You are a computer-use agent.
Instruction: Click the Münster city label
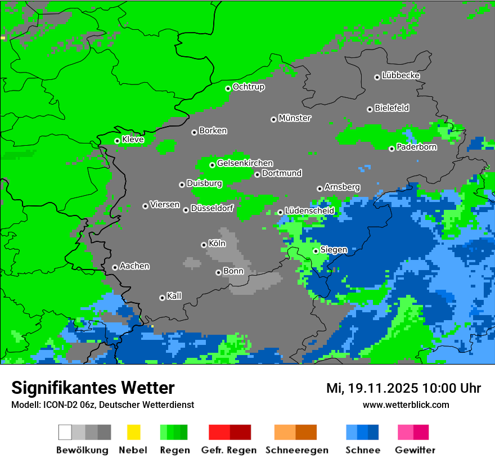295,118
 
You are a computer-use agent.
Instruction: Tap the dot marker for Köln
204,245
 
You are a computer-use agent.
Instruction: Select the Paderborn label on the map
416,147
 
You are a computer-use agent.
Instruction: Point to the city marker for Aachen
115,267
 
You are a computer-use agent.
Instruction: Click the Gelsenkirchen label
245,163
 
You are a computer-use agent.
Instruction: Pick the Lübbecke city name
400,75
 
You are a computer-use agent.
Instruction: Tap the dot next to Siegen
316,251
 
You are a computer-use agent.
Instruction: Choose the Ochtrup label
248,87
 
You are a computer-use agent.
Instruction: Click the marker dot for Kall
162,298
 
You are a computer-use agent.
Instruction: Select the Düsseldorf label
212,208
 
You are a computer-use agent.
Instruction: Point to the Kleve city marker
117,141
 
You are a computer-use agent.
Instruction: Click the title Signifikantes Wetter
93,388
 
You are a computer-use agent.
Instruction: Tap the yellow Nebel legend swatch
133,432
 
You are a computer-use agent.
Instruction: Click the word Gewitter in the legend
415,450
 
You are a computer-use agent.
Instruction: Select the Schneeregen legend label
297,450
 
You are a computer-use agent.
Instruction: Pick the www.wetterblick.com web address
406,405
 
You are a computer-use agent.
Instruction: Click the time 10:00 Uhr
453,388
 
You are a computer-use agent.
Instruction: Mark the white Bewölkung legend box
65,432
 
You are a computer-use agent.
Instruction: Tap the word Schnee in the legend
363,450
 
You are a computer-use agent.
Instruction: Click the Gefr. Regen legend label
229,450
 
